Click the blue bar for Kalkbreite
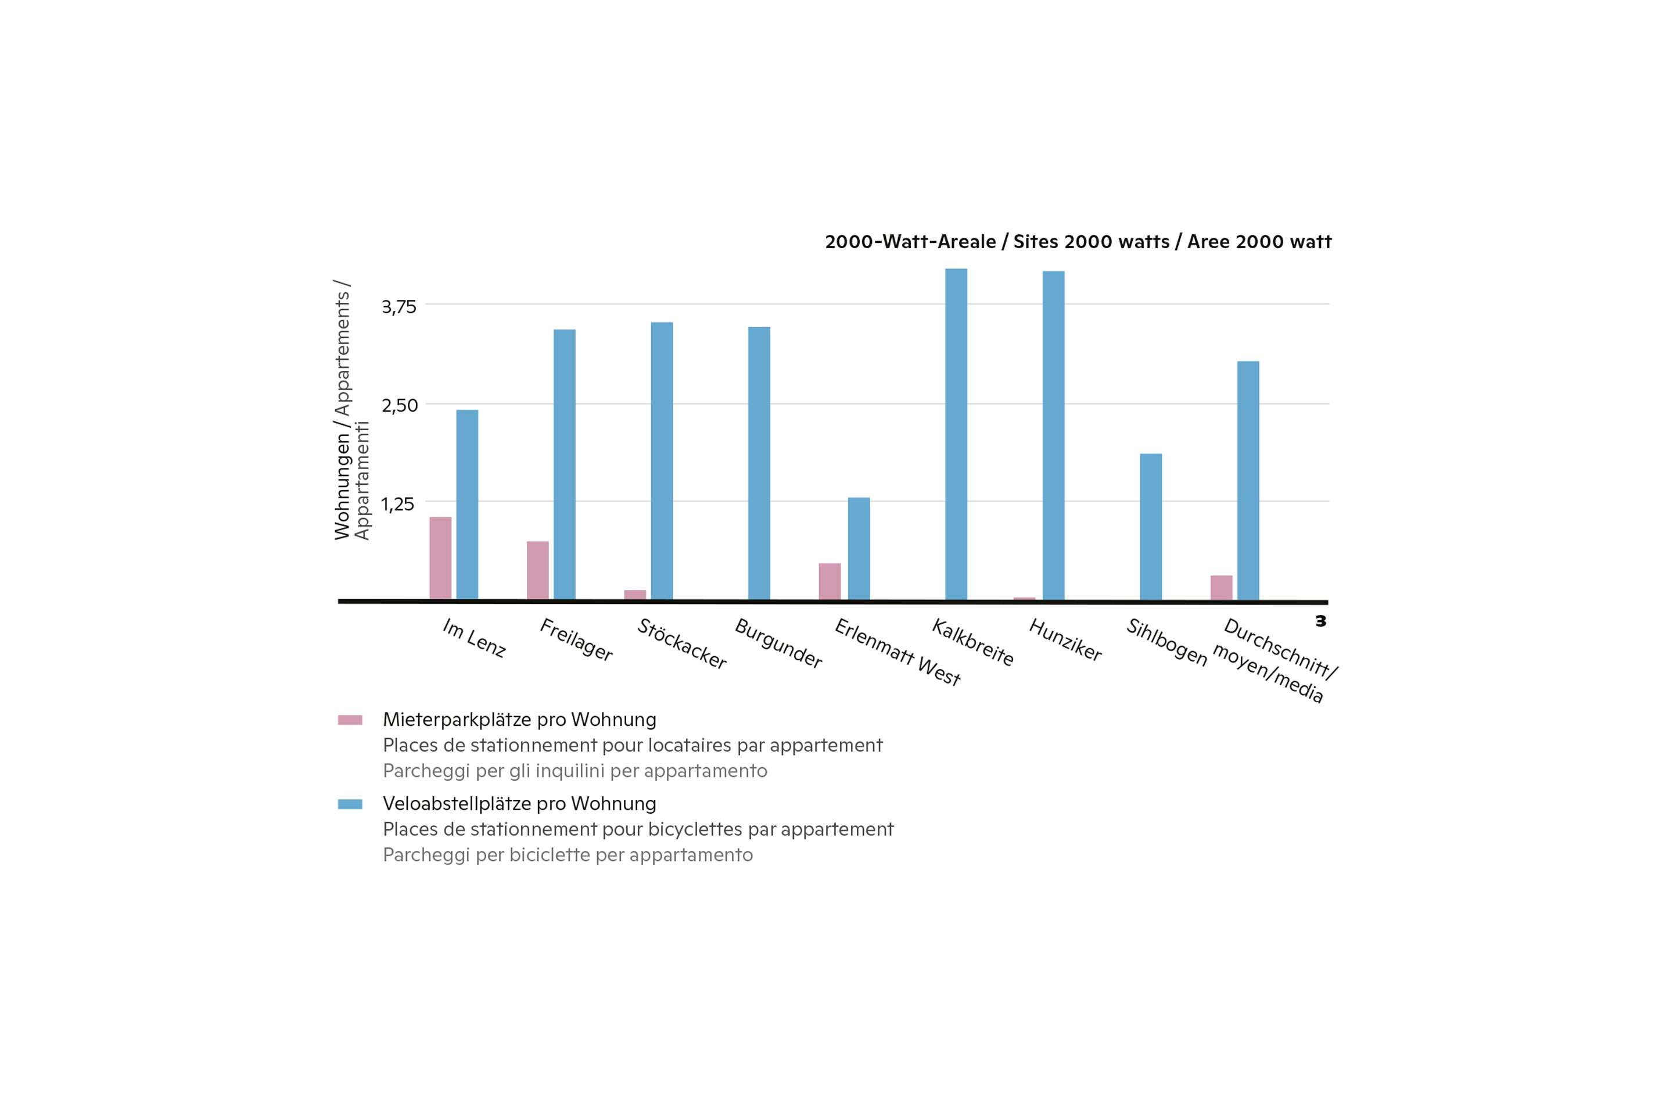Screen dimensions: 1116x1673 [956, 434]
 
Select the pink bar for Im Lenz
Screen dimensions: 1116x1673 [440, 558]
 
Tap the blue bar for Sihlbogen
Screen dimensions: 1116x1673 [1151, 527]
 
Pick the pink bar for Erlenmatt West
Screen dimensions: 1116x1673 [830, 581]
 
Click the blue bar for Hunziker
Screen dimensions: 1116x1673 [1053, 435]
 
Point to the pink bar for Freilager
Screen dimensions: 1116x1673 [538, 570]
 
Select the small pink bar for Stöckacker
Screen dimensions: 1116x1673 [635, 595]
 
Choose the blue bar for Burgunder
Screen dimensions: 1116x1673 [759, 463]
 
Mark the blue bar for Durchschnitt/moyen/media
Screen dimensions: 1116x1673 [1248, 481]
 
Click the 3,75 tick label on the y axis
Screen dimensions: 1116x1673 [399, 307]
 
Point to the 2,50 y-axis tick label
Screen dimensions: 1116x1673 [400, 406]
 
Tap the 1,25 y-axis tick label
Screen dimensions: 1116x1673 [397, 505]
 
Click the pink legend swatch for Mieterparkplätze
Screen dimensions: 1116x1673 [350, 720]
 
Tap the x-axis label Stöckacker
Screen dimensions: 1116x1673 [682, 643]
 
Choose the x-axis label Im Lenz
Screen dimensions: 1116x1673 [475, 638]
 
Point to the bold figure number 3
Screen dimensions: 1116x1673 [1321, 621]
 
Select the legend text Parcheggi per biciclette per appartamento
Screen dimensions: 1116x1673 [568, 855]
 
